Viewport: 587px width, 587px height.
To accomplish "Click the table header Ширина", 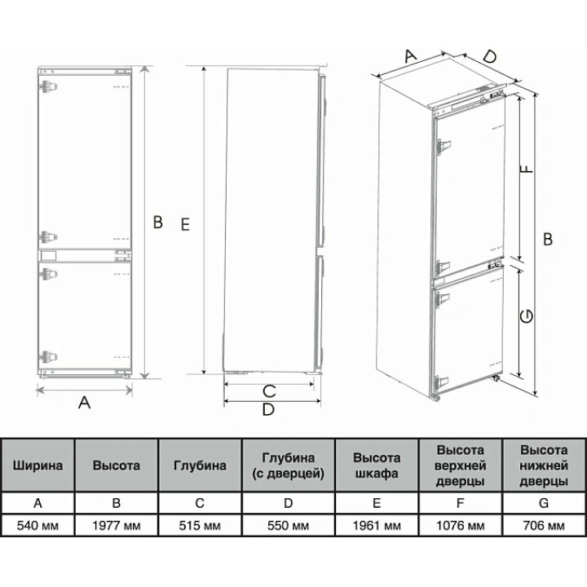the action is click(38, 466).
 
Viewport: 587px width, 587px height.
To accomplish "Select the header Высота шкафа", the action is click(377, 466).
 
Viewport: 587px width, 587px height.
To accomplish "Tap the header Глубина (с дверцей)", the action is click(288, 466).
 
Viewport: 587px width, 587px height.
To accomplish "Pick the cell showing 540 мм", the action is click(38, 526).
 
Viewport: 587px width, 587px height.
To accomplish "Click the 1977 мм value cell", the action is click(117, 526).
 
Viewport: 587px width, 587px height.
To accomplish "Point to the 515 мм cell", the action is click(200, 526).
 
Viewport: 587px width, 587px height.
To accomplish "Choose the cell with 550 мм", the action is click(288, 526).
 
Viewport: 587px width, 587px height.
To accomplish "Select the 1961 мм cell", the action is click(377, 526).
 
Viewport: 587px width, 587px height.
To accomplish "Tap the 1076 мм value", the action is click(461, 526).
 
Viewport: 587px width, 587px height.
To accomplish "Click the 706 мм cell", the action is click(544, 526).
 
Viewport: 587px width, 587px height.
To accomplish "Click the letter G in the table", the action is click(544, 503).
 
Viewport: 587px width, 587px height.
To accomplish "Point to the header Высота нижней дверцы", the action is click(544, 466).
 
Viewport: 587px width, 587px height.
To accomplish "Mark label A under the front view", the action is click(85, 403).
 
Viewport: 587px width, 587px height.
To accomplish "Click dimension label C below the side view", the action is click(269, 391).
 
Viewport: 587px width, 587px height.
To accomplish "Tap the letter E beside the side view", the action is click(185, 225).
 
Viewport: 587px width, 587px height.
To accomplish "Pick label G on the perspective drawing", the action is click(527, 316).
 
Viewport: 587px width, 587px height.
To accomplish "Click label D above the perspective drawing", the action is click(490, 56).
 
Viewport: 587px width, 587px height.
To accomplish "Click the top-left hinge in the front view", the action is click(48, 86).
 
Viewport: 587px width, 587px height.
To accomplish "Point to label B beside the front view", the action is click(158, 222).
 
